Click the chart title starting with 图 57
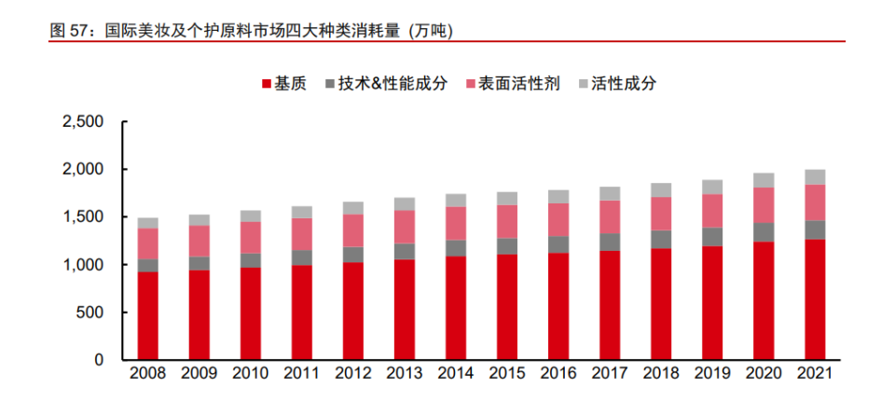click(251, 31)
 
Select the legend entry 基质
click(284, 84)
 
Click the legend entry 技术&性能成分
click(386, 84)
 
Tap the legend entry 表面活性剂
click(513, 84)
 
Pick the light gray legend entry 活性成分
click(617, 84)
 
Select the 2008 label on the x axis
click(148, 374)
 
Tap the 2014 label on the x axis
click(456, 374)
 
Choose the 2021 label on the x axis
click(815, 374)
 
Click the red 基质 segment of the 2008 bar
click(148, 316)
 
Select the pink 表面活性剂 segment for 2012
click(353, 230)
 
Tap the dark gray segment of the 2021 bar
click(815, 230)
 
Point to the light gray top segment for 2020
click(764, 181)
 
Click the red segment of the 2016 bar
click(558, 307)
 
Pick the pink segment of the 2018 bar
click(661, 214)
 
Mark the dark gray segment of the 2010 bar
click(251, 260)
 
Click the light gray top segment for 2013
click(405, 204)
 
